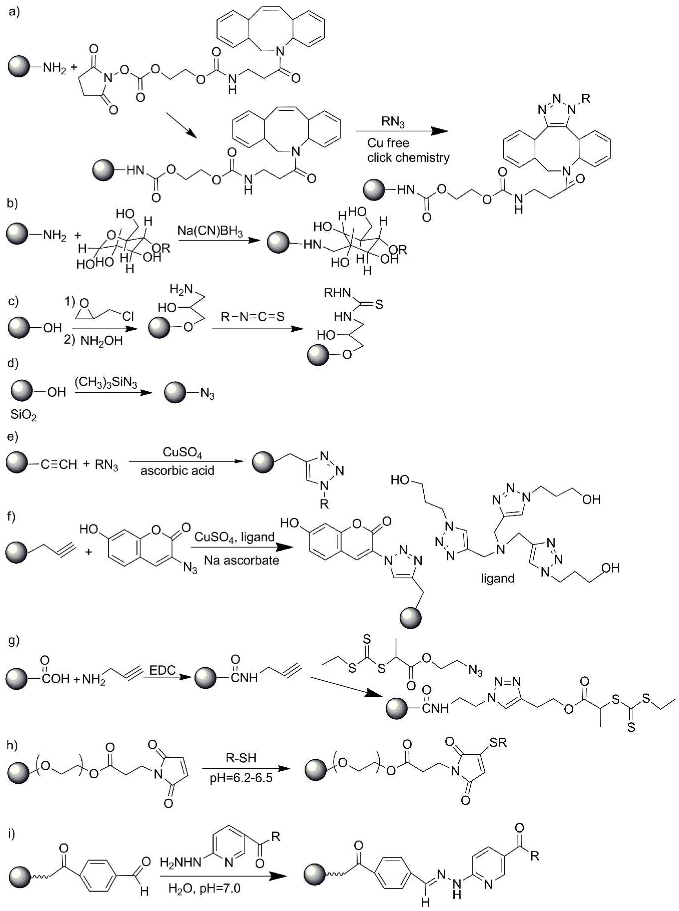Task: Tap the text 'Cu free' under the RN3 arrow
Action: [x=388, y=143]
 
